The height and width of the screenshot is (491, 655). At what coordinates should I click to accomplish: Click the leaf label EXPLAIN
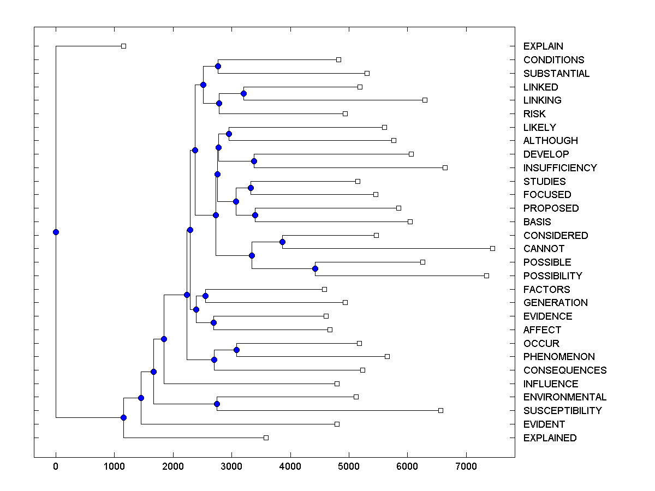click(543, 46)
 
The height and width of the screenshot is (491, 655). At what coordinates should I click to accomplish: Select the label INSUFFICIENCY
click(560, 167)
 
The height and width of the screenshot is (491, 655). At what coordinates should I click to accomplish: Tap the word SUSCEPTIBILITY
click(562, 411)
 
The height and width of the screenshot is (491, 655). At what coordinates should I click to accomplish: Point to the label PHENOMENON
click(559, 357)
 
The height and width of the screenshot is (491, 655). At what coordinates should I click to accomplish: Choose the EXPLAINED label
click(550, 438)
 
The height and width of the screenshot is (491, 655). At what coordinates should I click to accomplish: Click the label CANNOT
click(544, 249)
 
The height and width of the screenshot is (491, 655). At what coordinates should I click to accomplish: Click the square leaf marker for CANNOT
click(492, 248)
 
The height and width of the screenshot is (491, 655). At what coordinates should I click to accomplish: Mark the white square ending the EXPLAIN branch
click(123, 46)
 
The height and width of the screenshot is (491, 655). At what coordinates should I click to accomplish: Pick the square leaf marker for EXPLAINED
click(266, 438)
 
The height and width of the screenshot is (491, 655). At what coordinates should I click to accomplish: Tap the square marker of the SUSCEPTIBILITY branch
click(440, 410)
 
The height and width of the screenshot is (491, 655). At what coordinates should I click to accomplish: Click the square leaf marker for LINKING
click(425, 100)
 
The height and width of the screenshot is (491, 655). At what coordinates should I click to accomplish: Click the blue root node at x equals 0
click(56, 232)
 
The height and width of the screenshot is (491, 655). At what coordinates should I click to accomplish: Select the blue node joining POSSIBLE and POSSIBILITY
click(315, 268)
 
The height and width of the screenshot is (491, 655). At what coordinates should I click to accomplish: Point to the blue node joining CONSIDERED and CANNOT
click(283, 242)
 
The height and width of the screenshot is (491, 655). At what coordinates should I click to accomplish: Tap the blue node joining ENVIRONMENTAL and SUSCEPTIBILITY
click(217, 404)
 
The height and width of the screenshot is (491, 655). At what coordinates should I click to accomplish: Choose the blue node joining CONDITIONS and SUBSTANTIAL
click(218, 66)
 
